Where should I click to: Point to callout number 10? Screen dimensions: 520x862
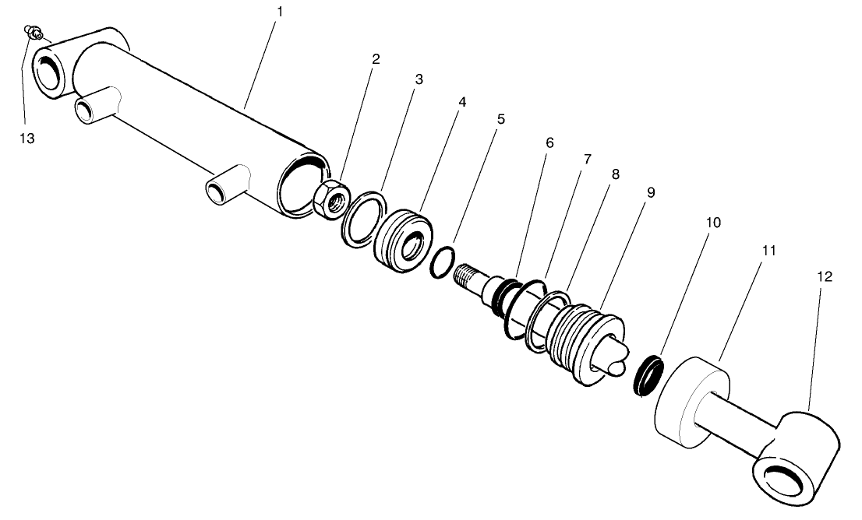712,222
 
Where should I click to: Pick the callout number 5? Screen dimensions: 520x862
500,119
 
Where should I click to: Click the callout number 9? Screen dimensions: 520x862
650,191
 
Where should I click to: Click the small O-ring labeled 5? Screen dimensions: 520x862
442,262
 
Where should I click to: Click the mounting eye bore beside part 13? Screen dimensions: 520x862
48,75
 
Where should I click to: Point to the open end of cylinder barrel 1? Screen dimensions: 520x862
303,184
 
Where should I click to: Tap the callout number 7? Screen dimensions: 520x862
587,159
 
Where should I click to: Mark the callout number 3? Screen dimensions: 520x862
419,79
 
